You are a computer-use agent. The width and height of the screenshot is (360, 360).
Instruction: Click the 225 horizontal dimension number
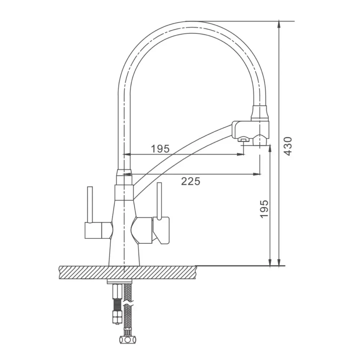pos(190,181)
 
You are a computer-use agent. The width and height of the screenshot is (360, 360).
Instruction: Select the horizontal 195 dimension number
pos(160,149)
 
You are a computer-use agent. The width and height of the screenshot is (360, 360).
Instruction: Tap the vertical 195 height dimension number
pos(264,209)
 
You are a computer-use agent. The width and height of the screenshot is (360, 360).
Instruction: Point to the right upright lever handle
pos(159,200)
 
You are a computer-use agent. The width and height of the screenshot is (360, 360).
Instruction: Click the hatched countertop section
pos(128,272)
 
